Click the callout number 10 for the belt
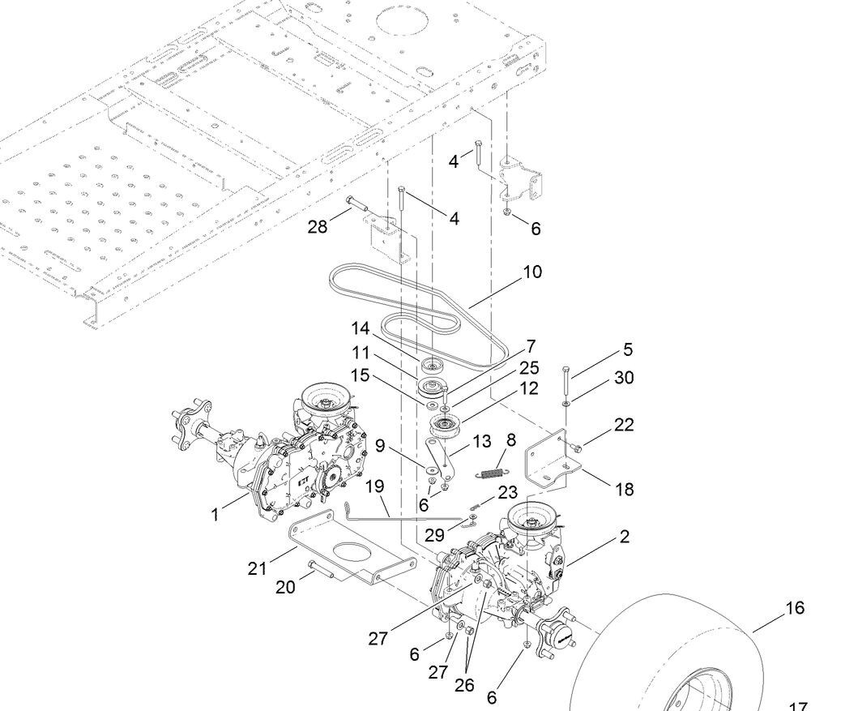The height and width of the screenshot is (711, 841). click(x=532, y=272)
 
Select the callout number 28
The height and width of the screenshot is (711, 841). click(x=317, y=226)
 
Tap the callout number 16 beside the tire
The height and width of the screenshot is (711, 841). click(x=795, y=607)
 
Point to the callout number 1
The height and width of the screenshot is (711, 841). click(x=216, y=514)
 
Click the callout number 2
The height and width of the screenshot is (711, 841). click(x=625, y=536)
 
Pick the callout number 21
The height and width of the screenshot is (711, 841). click(x=257, y=568)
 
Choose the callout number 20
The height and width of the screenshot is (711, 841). click(x=285, y=586)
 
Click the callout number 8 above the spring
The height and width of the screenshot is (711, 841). click(x=511, y=439)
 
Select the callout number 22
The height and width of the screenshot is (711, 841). click(x=623, y=424)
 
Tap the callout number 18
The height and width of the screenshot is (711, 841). click(x=624, y=489)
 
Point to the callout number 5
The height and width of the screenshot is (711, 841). click(x=628, y=349)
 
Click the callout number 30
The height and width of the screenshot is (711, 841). click(x=624, y=378)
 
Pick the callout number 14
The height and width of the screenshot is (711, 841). click(x=360, y=328)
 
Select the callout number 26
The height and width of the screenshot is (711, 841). click(x=463, y=684)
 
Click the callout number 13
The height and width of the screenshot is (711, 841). click(x=481, y=441)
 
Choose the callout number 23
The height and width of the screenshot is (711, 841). click(x=507, y=492)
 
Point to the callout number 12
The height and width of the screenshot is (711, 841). click(x=529, y=388)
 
